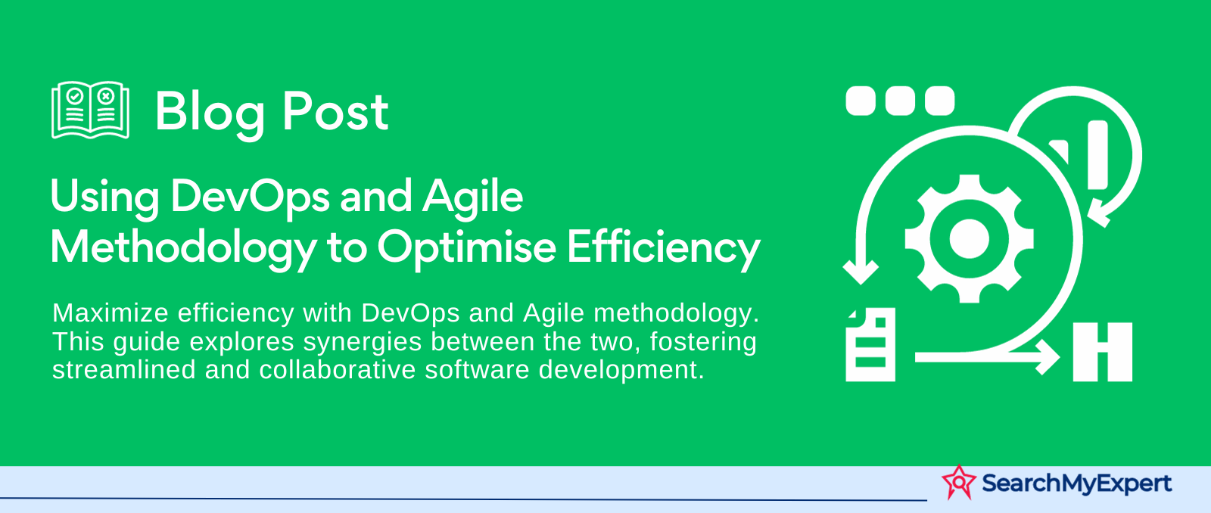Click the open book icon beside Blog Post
pyautogui.click(x=90, y=110)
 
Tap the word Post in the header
pyautogui.click(x=335, y=112)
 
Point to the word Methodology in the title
pyautogui.click(x=183, y=249)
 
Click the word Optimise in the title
pyautogui.click(x=466, y=249)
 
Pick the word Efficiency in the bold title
pyautogui.click(x=664, y=249)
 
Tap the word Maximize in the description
pyautogui.click(x=113, y=313)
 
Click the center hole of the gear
pyautogui.click(x=969, y=239)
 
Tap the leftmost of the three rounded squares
pyautogui.click(x=861, y=101)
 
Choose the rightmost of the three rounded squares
pyautogui.click(x=939, y=101)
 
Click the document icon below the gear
pyautogui.click(x=870, y=345)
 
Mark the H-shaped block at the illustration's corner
pyautogui.click(x=1103, y=352)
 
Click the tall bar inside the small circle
pyautogui.click(x=1098, y=154)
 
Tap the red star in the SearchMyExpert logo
pyautogui.click(x=959, y=482)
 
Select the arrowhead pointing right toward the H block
pyautogui.click(x=1048, y=357)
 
